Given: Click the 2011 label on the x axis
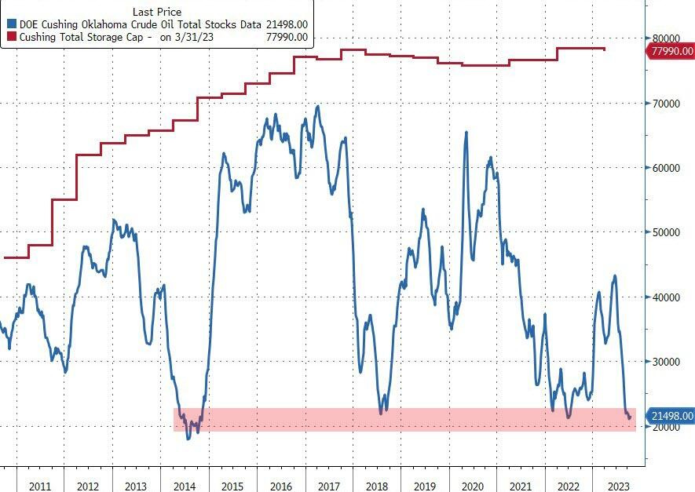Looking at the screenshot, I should click(x=40, y=486).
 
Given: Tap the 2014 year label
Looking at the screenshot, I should click(x=184, y=486).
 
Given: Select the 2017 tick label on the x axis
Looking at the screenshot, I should click(x=327, y=486).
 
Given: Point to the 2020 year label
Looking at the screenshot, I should click(x=471, y=486).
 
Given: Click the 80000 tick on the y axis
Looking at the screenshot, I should click(x=664, y=38).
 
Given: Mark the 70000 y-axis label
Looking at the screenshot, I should click(x=664, y=103).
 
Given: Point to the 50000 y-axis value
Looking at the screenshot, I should click(x=664, y=232).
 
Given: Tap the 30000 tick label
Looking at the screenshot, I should click(x=664, y=362).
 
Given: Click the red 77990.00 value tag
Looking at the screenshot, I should click(x=669, y=51).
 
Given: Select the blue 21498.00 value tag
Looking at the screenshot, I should click(x=669, y=415).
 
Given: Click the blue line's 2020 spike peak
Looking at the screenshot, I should click(x=466, y=132).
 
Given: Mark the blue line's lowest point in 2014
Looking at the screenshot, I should click(x=188, y=438).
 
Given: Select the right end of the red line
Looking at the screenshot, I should click(x=604, y=49).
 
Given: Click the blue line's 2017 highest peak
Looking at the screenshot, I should click(x=317, y=106).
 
